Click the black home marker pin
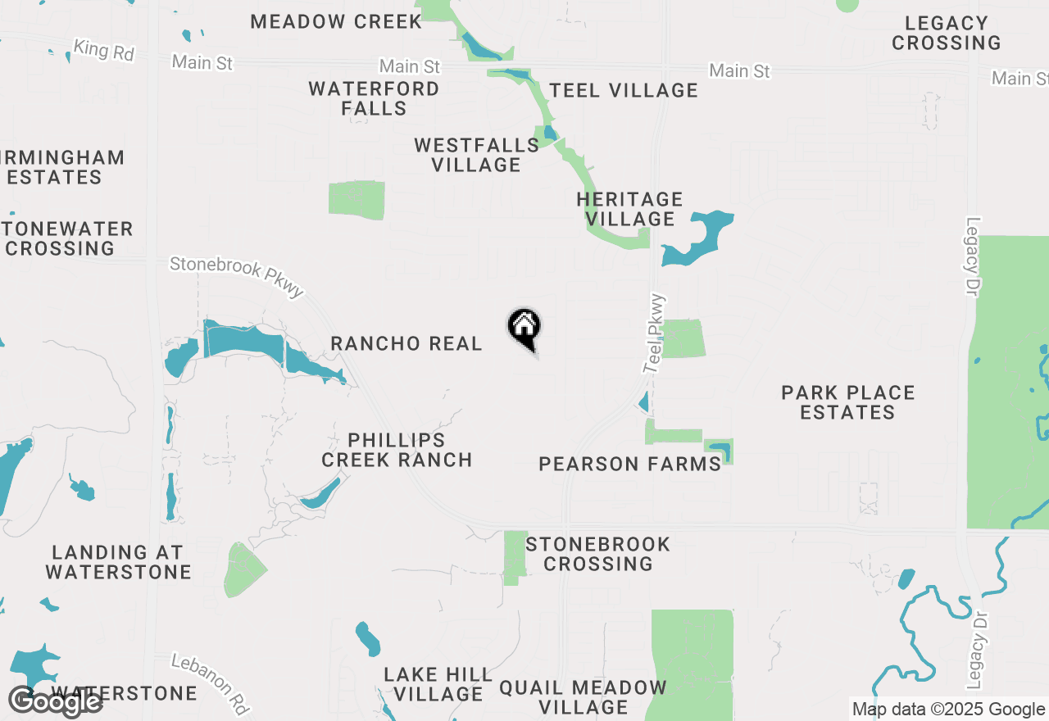click(x=524, y=328)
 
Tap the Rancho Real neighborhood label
click(x=406, y=344)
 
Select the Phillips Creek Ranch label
click(x=397, y=451)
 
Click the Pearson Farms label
click(x=629, y=465)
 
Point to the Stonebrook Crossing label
click(x=598, y=554)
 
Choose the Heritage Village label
click(x=629, y=209)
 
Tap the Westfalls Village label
click(x=476, y=155)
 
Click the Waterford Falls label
click(x=374, y=98)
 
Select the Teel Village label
click(x=624, y=90)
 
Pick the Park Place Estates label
click(x=847, y=402)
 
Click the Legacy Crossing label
click(x=947, y=33)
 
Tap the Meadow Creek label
click(x=336, y=21)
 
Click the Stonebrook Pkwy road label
click(x=237, y=277)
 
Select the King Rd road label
click(x=103, y=50)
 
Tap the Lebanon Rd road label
click(x=210, y=682)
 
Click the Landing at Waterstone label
click(x=119, y=562)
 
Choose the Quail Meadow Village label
click(x=583, y=697)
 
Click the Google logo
click(x=55, y=701)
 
